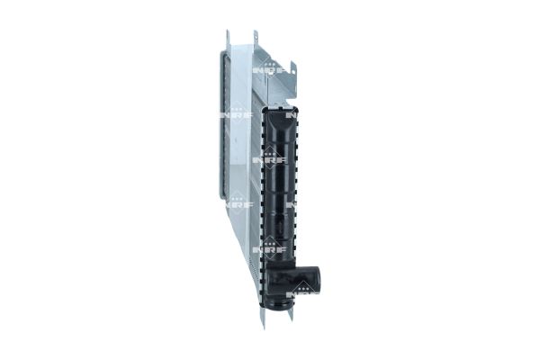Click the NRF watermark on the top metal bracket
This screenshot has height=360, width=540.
tap(269, 69)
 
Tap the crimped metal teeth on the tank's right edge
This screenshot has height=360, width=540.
tap(297, 180)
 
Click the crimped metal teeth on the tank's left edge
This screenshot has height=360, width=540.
tap(262, 180)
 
